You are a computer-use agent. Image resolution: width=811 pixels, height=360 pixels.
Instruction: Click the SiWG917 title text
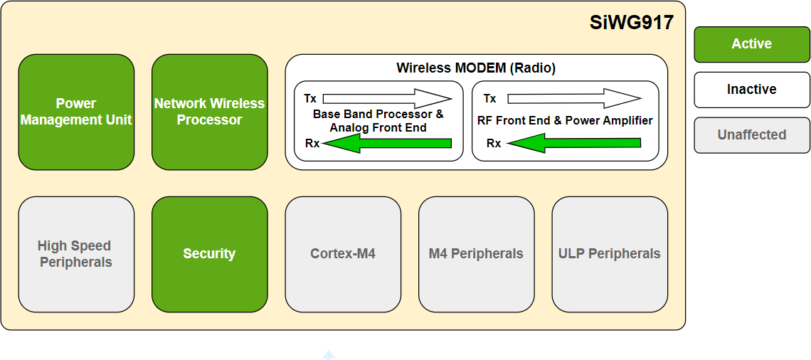(631, 23)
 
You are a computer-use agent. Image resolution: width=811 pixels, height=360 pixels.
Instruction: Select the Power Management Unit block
(76, 112)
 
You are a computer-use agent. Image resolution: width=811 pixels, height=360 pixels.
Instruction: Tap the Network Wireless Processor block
(209, 112)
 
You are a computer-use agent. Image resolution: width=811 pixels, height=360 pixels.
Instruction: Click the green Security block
(209, 254)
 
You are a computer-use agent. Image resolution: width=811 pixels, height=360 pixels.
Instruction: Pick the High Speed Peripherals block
(76, 254)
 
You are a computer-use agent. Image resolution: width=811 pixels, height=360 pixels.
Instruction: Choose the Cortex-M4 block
(343, 254)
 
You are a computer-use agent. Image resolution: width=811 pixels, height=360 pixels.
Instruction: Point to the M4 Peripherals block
(476, 254)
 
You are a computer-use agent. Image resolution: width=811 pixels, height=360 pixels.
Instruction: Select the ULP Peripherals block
(610, 254)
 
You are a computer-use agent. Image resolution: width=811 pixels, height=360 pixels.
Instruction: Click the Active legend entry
(752, 44)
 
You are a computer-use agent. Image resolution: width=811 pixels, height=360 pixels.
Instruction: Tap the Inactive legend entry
(752, 90)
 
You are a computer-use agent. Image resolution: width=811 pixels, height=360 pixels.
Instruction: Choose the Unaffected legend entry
(752, 135)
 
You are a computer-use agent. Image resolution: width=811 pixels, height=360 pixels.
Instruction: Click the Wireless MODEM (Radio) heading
(476, 68)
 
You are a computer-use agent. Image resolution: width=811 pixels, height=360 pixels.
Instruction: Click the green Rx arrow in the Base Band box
(388, 144)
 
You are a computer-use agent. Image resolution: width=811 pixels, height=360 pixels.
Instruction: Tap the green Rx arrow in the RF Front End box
(575, 144)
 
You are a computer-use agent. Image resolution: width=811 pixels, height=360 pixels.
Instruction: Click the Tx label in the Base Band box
(310, 98)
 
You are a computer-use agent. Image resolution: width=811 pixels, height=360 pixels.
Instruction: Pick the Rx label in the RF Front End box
(494, 144)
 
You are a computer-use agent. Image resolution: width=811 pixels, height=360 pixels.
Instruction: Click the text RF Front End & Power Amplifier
(565, 121)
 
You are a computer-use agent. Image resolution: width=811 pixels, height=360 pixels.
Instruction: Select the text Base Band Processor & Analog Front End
(378, 121)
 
